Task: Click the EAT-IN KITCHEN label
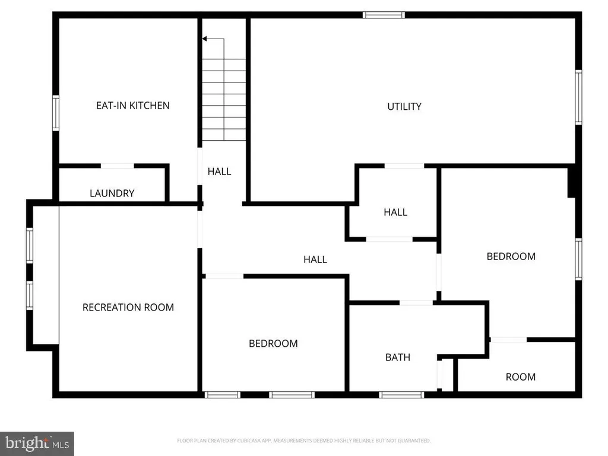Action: (133, 106)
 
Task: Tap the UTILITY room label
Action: (404, 107)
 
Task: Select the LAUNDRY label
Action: (112, 194)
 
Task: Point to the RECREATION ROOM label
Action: (128, 308)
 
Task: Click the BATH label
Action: (398, 357)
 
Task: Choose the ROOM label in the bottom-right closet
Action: (521, 377)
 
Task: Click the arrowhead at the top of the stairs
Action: (204, 39)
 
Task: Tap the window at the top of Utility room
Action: (384, 15)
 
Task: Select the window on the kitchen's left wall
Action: (56, 113)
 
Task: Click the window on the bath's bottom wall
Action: (401, 394)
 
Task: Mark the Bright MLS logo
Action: (37, 443)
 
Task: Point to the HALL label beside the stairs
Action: (219, 172)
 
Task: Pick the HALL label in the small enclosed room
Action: (395, 212)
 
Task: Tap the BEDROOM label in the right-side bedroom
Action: (511, 256)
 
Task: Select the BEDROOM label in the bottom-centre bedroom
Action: (273, 343)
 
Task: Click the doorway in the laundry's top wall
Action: (118, 166)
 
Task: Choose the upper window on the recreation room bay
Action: (29, 246)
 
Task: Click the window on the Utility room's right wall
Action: (578, 97)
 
